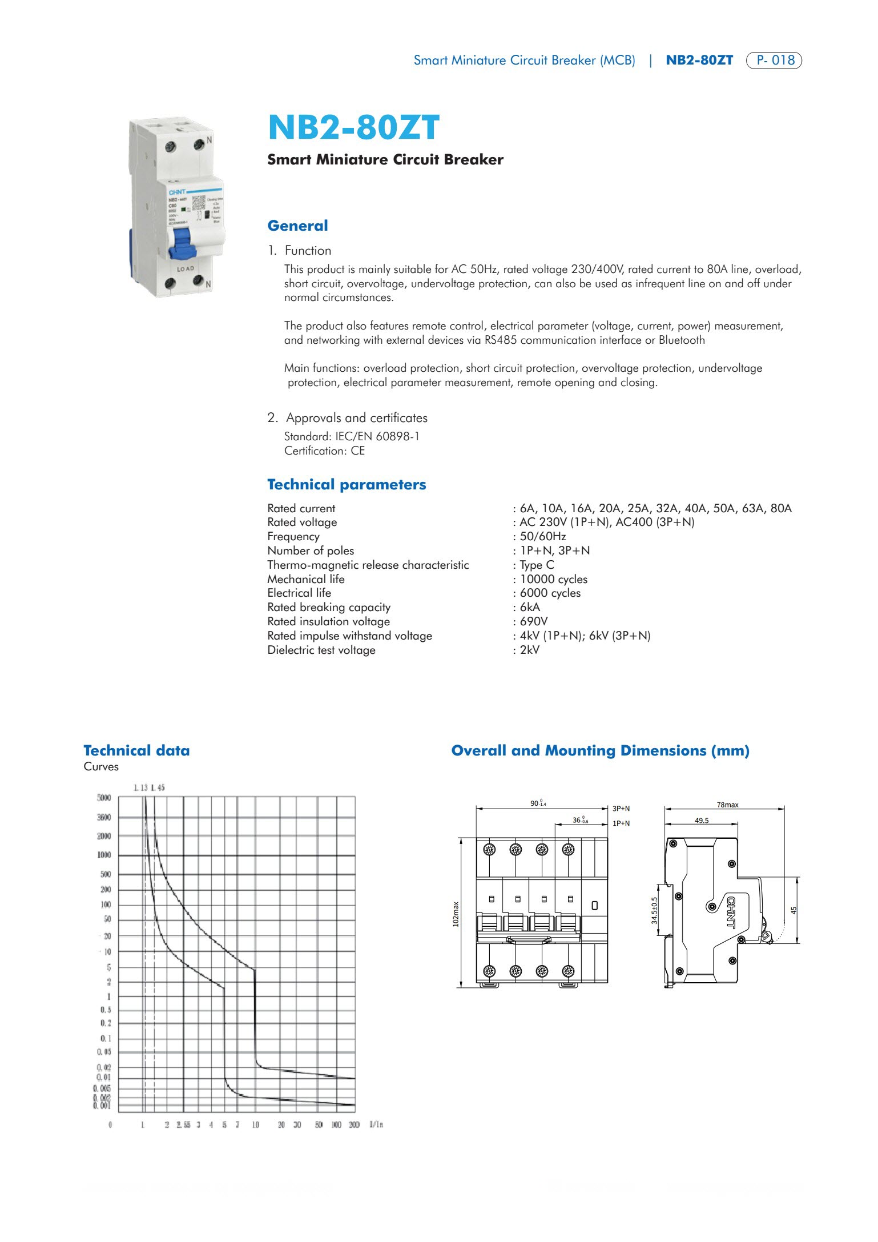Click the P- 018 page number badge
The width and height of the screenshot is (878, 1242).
click(774, 60)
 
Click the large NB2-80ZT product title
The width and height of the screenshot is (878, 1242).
click(353, 127)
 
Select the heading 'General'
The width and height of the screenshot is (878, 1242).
click(297, 226)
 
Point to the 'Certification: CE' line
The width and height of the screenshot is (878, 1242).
click(324, 451)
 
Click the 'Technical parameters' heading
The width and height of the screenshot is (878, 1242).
click(347, 484)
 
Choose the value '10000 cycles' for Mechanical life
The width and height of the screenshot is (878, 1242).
click(553, 579)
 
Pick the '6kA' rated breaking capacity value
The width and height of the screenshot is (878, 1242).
click(530, 607)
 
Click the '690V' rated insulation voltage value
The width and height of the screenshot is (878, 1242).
click(533, 621)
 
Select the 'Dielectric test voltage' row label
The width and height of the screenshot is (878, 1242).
click(321, 650)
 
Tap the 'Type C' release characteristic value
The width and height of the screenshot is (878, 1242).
click(537, 565)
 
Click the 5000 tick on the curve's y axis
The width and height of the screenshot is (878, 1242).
click(104, 798)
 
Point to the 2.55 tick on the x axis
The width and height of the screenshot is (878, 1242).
click(183, 1124)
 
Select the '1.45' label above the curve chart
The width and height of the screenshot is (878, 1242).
click(158, 787)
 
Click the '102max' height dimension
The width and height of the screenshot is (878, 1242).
click(456, 914)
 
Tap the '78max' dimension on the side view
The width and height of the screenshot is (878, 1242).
click(727, 805)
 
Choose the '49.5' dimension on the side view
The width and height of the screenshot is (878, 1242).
click(702, 820)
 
